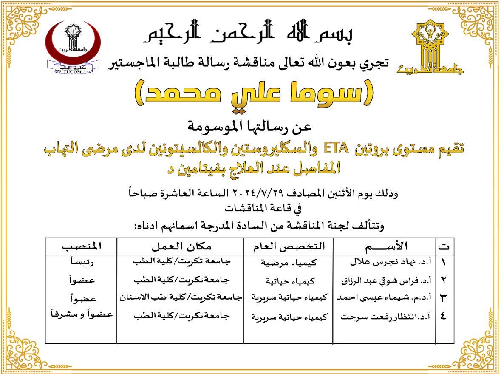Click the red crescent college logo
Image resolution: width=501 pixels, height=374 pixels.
pyautogui.click(x=73, y=46)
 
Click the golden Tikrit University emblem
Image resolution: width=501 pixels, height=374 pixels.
pyautogui.click(x=430, y=47)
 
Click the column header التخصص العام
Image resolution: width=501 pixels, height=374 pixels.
pyautogui.click(x=289, y=246)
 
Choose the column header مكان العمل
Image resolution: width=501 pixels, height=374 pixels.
pyautogui.click(x=180, y=246)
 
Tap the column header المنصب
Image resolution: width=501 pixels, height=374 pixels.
pyautogui.click(x=82, y=246)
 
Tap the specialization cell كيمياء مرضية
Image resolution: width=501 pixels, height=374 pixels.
pyautogui.click(x=289, y=263)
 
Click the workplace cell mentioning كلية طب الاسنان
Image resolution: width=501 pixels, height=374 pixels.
pyautogui.click(x=180, y=298)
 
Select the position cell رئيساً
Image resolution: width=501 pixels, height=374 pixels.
pyautogui.click(x=82, y=263)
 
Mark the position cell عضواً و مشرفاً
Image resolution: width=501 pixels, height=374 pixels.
pyautogui.click(x=82, y=314)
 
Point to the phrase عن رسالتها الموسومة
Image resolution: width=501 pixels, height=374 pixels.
pyautogui.click(x=250, y=126)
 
